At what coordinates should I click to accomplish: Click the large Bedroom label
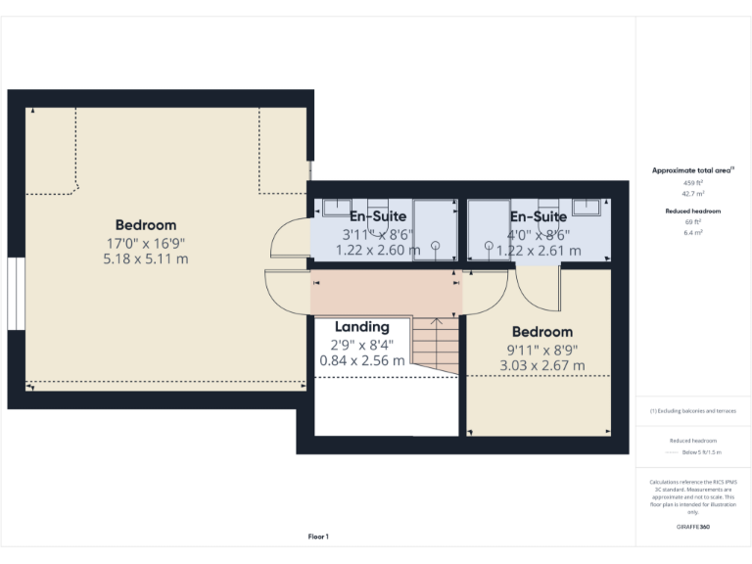(x=146, y=225)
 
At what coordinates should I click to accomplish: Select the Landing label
(x=362, y=327)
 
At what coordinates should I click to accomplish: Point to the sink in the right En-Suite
(x=587, y=206)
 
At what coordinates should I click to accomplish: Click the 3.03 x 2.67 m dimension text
(x=541, y=366)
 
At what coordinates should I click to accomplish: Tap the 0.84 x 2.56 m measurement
(x=362, y=360)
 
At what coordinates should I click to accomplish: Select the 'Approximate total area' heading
(x=692, y=170)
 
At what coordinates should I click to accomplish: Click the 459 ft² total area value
(x=692, y=183)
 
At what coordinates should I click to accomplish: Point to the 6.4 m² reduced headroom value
(x=692, y=233)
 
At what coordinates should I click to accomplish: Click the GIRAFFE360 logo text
(x=692, y=527)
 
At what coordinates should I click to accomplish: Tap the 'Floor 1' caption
(x=318, y=537)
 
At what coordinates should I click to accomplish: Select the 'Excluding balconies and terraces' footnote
(x=692, y=410)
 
